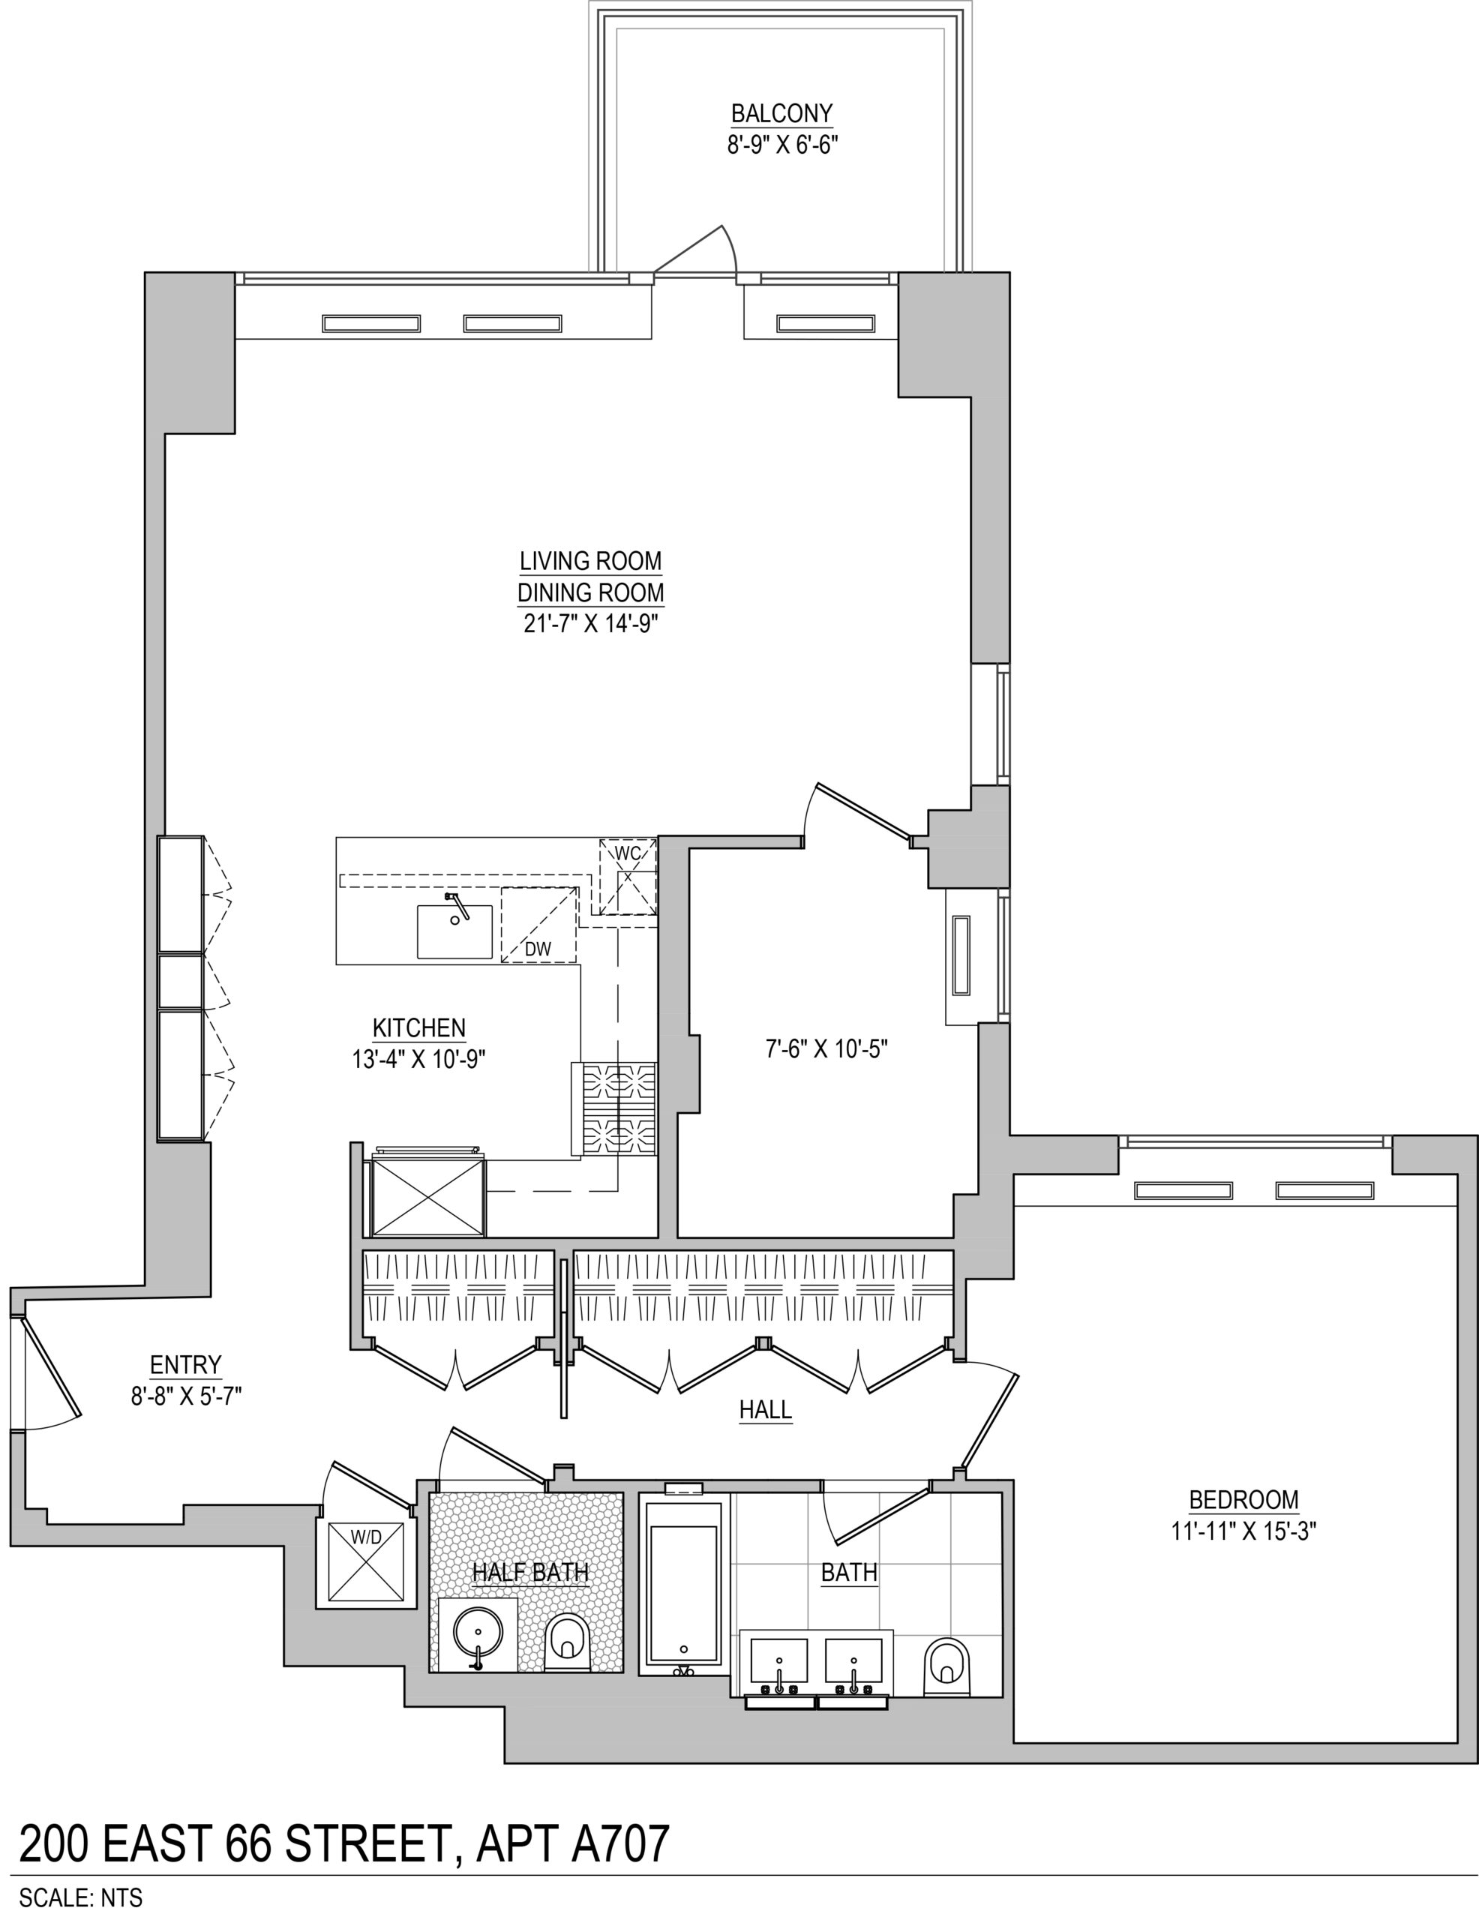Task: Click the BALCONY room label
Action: click(781, 113)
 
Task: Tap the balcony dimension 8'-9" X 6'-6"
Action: click(781, 145)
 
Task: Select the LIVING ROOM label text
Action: click(590, 561)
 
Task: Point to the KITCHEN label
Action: click(419, 1027)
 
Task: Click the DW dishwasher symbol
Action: click(539, 925)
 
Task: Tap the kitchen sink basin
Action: click(454, 931)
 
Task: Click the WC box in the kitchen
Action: click(628, 877)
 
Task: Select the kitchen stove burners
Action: click(619, 1108)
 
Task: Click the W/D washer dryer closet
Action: click(367, 1561)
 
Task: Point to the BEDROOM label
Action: click(1243, 1500)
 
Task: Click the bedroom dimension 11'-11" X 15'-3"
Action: click(1243, 1531)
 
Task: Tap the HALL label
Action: click(765, 1409)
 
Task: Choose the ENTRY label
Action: click(185, 1364)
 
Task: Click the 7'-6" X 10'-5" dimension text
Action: click(827, 1048)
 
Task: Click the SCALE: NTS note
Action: click(81, 1898)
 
